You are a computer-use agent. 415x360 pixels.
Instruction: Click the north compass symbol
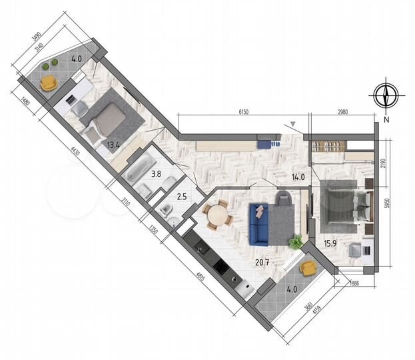386,95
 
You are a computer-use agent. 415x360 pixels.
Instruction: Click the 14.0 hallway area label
298,177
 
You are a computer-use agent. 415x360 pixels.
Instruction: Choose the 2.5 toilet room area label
182,197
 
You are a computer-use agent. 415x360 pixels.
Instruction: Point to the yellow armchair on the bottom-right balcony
308,267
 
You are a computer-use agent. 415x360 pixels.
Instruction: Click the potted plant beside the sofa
294,241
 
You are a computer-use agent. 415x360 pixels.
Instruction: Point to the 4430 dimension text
75,155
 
